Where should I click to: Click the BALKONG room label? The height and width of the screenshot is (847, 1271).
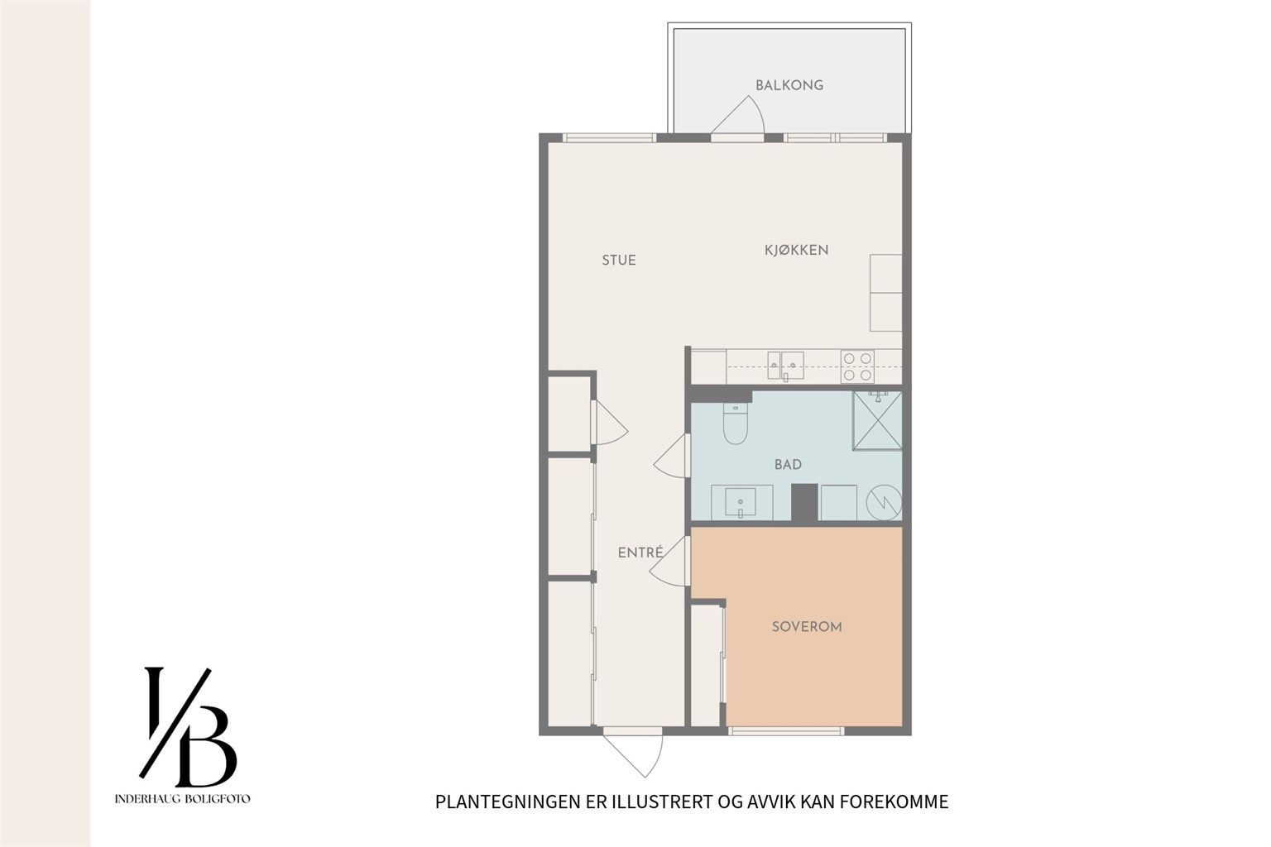pos(789,86)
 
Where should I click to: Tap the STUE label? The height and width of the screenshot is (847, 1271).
pos(618,261)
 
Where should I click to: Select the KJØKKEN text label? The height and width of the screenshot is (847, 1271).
pos(796,250)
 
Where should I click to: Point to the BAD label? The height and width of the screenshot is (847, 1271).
pos(788,465)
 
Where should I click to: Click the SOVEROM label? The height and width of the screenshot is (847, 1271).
pos(807,627)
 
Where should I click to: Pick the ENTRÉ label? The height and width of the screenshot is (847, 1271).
pos(640,552)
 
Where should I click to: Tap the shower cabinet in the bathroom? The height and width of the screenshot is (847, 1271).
pos(877,420)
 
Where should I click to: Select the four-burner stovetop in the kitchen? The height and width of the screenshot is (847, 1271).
pos(857,366)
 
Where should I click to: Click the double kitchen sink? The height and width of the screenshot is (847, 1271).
pos(785,366)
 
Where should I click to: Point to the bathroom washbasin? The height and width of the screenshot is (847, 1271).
pos(741,502)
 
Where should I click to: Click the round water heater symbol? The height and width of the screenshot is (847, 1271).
pos(884,502)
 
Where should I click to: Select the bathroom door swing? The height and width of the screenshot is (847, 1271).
pos(672,456)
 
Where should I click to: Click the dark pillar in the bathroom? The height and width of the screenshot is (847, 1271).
pos(804,503)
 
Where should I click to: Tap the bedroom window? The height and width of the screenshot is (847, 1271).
pos(786,731)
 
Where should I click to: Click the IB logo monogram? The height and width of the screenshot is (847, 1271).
pos(188,727)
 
